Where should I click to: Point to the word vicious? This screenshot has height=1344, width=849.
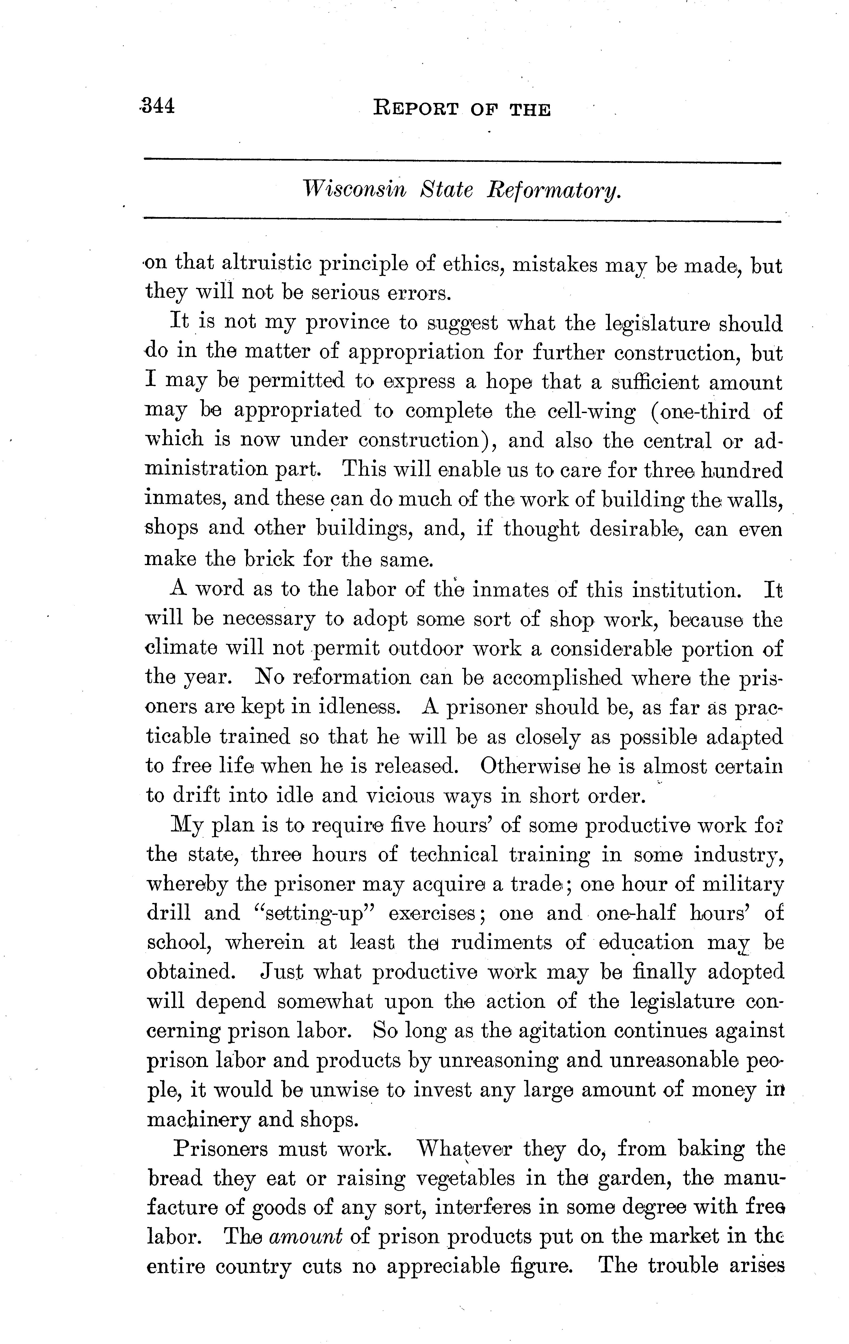tap(400, 795)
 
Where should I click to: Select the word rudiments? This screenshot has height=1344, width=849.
tap(501, 943)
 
